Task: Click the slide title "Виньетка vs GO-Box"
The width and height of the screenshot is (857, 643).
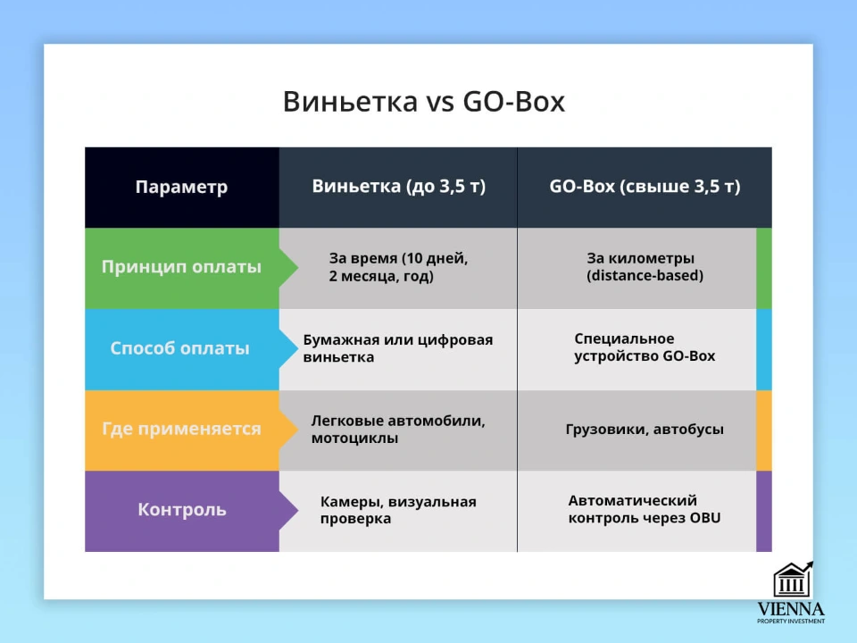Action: (424, 101)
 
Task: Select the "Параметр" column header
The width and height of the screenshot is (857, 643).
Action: (181, 188)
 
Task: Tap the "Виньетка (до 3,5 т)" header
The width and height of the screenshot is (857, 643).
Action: (398, 187)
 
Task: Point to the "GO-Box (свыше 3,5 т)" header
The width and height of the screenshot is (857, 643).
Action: (645, 187)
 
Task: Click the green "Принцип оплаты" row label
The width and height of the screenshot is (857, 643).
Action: (181, 267)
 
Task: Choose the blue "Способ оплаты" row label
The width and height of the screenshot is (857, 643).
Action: (180, 348)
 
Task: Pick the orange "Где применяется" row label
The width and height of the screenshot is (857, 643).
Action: (181, 429)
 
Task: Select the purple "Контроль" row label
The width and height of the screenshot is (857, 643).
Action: (182, 510)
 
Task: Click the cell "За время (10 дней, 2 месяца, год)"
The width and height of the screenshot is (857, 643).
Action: (398, 267)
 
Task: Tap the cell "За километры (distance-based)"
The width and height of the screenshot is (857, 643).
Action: (645, 267)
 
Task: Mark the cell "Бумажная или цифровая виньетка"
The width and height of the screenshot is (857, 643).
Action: (398, 348)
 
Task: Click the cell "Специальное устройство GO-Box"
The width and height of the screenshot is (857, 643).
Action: (645, 347)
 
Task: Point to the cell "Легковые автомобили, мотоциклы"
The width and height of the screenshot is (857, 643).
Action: (398, 429)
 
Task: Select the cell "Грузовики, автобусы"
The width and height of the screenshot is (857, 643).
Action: (645, 430)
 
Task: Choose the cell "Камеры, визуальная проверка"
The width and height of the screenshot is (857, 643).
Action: (398, 510)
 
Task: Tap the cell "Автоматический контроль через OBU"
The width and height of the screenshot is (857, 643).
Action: (645, 509)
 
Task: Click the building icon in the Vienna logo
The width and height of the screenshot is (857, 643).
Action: (792, 580)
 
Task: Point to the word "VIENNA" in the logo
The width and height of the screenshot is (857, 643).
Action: (791, 609)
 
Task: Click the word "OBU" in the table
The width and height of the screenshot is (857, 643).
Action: (703, 518)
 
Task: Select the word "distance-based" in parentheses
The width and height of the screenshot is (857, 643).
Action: (645, 276)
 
